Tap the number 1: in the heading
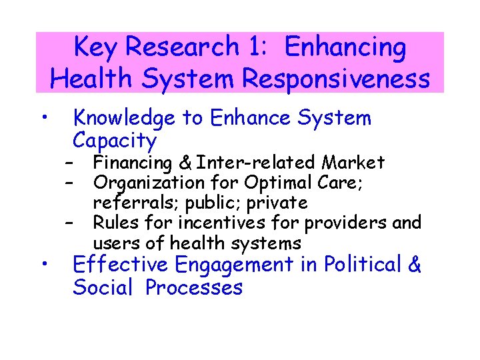click(x=258, y=48)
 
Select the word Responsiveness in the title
click(x=336, y=79)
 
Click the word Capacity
click(x=115, y=141)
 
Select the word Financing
click(x=133, y=163)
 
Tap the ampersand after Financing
click(x=187, y=163)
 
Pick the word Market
click(x=353, y=163)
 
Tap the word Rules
click(x=115, y=223)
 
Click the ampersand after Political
click(x=415, y=265)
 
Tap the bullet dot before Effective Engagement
click(x=42, y=265)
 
